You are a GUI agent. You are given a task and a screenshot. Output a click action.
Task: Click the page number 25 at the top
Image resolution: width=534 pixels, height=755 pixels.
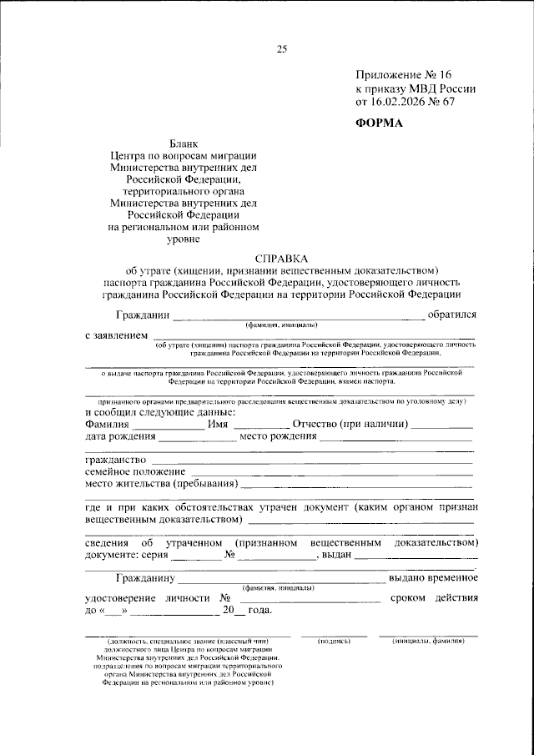point(281,49)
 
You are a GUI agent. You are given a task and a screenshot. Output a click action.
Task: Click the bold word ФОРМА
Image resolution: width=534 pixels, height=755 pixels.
point(380,123)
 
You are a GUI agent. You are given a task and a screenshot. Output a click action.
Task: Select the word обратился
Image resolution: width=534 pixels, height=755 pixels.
point(451,315)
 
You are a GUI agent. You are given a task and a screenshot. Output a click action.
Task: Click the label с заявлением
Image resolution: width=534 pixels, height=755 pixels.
point(118,335)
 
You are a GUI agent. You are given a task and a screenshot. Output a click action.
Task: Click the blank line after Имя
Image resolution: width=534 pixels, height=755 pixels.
point(261,425)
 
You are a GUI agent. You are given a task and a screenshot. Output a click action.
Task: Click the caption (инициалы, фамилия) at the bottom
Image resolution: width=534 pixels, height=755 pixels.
point(428,641)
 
